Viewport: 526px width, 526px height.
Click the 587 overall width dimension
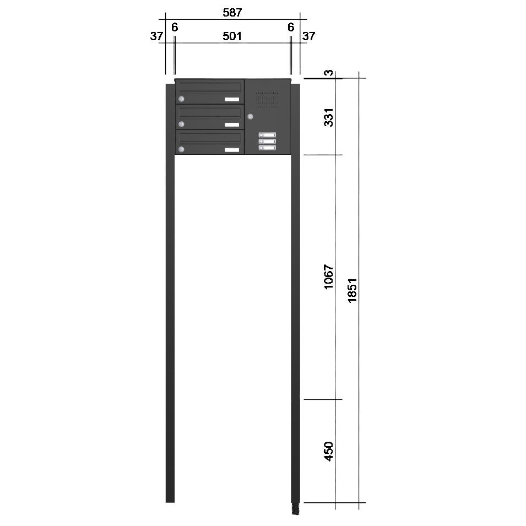pos(232,13)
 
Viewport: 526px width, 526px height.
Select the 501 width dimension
pos(232,36)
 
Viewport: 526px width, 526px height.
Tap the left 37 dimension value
pos(156,36)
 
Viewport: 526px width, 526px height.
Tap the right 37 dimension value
pos(308,36)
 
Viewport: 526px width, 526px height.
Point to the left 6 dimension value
pos(175,27)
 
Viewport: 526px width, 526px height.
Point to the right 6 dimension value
pos(291,27)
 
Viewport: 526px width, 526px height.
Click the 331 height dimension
pos(329,117)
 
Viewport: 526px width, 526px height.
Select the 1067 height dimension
pos(329,276)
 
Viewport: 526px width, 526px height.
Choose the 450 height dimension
pos(329,451)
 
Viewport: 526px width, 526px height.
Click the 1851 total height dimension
pos(352,290)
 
